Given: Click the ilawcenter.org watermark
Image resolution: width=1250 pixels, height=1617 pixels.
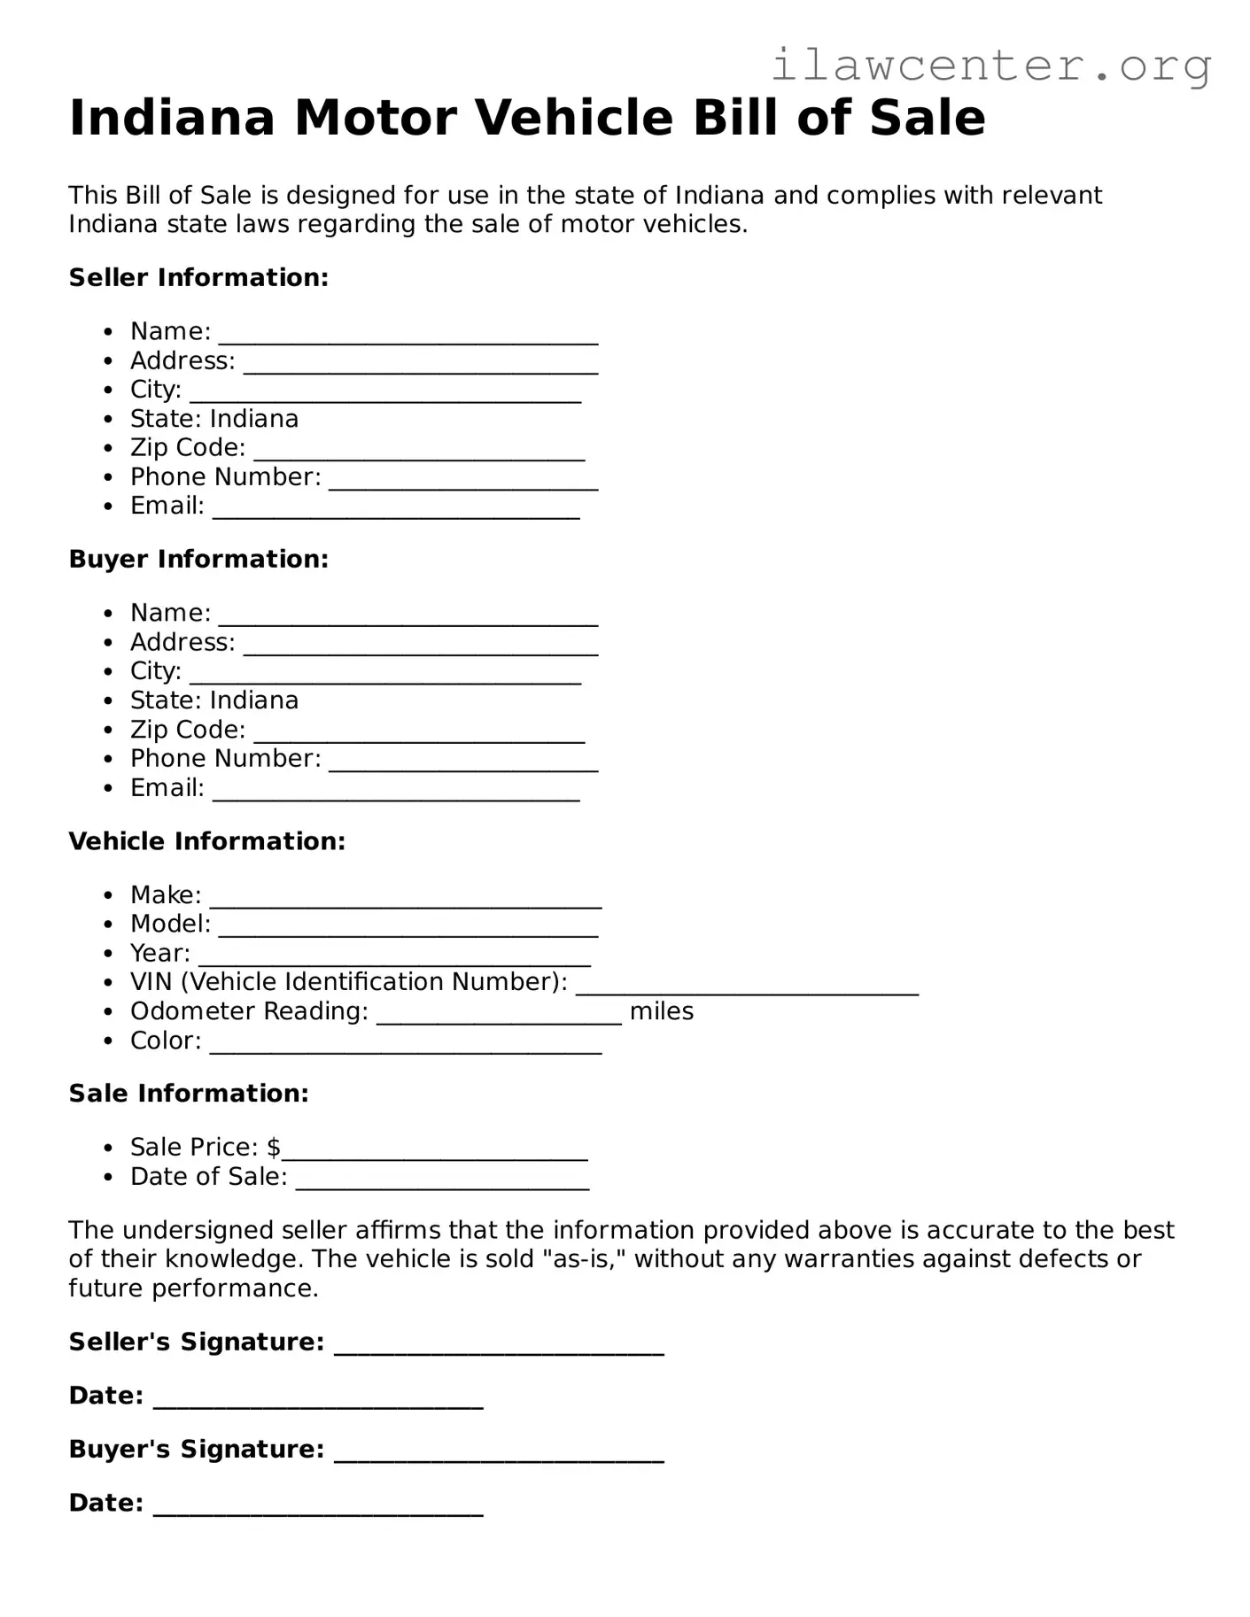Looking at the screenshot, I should tap(990, 66).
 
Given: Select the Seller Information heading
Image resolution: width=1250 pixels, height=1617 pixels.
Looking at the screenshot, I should tap(198, 277).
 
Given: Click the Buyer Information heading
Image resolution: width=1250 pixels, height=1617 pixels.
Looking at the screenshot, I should tap(198, 559).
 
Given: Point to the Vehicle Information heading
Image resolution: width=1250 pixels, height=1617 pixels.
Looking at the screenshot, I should tap(206, 840).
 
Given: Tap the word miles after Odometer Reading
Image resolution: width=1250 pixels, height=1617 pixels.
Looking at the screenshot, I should tap(661, 1011).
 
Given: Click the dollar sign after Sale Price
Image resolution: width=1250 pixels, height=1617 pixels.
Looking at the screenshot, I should tap(274, 1147).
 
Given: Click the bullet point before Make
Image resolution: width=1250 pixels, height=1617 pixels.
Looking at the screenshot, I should tap(108, 895).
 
